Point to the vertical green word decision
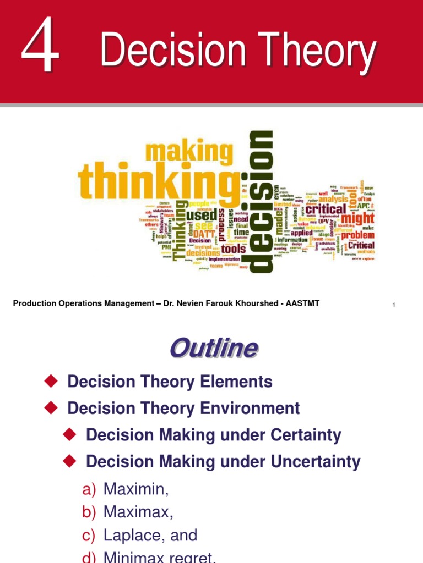[x=261, y=201]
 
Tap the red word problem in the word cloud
[x=357, y=235]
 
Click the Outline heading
[x=213, y=348]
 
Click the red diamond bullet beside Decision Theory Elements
[x=51, y=380]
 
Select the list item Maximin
[x=135, y=488]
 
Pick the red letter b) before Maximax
[x=89, y=512]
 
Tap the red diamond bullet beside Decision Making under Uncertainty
[x=69, y=461]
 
